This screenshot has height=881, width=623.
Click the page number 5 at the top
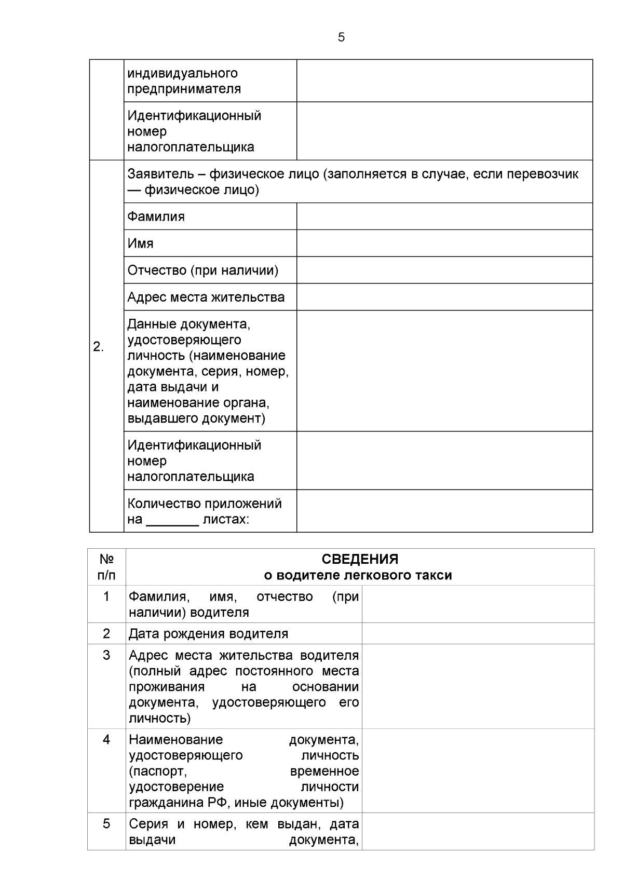point(341,37)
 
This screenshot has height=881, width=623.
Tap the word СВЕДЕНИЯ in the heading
point(360,559)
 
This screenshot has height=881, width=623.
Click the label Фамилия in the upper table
point(156,216)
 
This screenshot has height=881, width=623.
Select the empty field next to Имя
point(444,243)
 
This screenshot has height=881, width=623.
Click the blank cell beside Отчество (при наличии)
point(444,270)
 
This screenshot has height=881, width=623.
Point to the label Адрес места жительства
point(206,297)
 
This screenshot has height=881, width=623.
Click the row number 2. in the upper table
point(98,347)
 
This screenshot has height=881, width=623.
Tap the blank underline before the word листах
point(172,520)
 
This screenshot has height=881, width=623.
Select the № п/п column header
point(106,567)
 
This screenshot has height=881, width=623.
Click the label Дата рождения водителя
point(208,633)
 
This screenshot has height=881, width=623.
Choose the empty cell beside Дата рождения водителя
point(478,633)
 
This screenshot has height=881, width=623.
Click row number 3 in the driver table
point(106,655)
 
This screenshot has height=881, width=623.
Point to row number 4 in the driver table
point(106,739)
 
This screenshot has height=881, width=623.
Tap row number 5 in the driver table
point(106,823)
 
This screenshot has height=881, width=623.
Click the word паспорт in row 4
point(158,771)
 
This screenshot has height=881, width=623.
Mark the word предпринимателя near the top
point(184,89)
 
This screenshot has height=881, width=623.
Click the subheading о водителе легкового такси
point(358,575)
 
